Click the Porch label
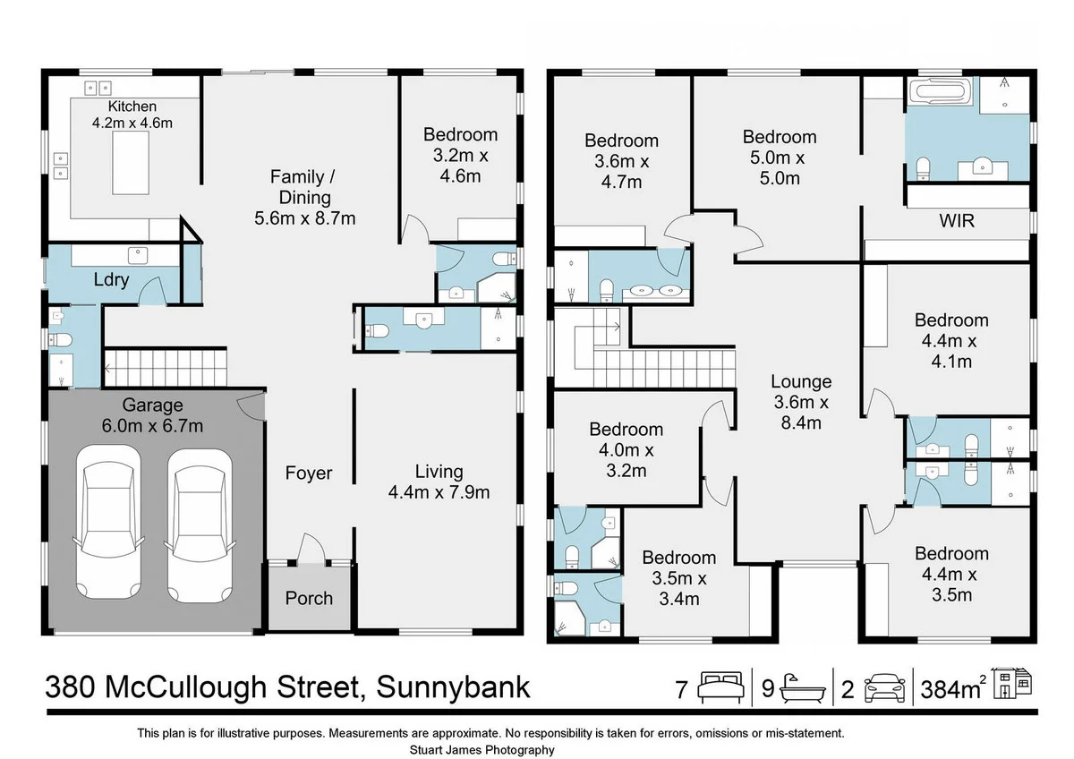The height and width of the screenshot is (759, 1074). click(x=310, y=598)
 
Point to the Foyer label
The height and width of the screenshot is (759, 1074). click(x=309, y=473)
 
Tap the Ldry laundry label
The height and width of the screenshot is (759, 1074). click(x=112, y=280)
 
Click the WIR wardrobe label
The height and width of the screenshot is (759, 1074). click(x=955, y=220)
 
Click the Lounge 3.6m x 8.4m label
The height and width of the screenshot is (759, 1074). click(x=801, y=402)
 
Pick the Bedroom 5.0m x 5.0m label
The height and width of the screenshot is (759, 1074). click(x=780, y=157)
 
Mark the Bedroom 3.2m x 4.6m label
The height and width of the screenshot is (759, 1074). click(x=460, y=155)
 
